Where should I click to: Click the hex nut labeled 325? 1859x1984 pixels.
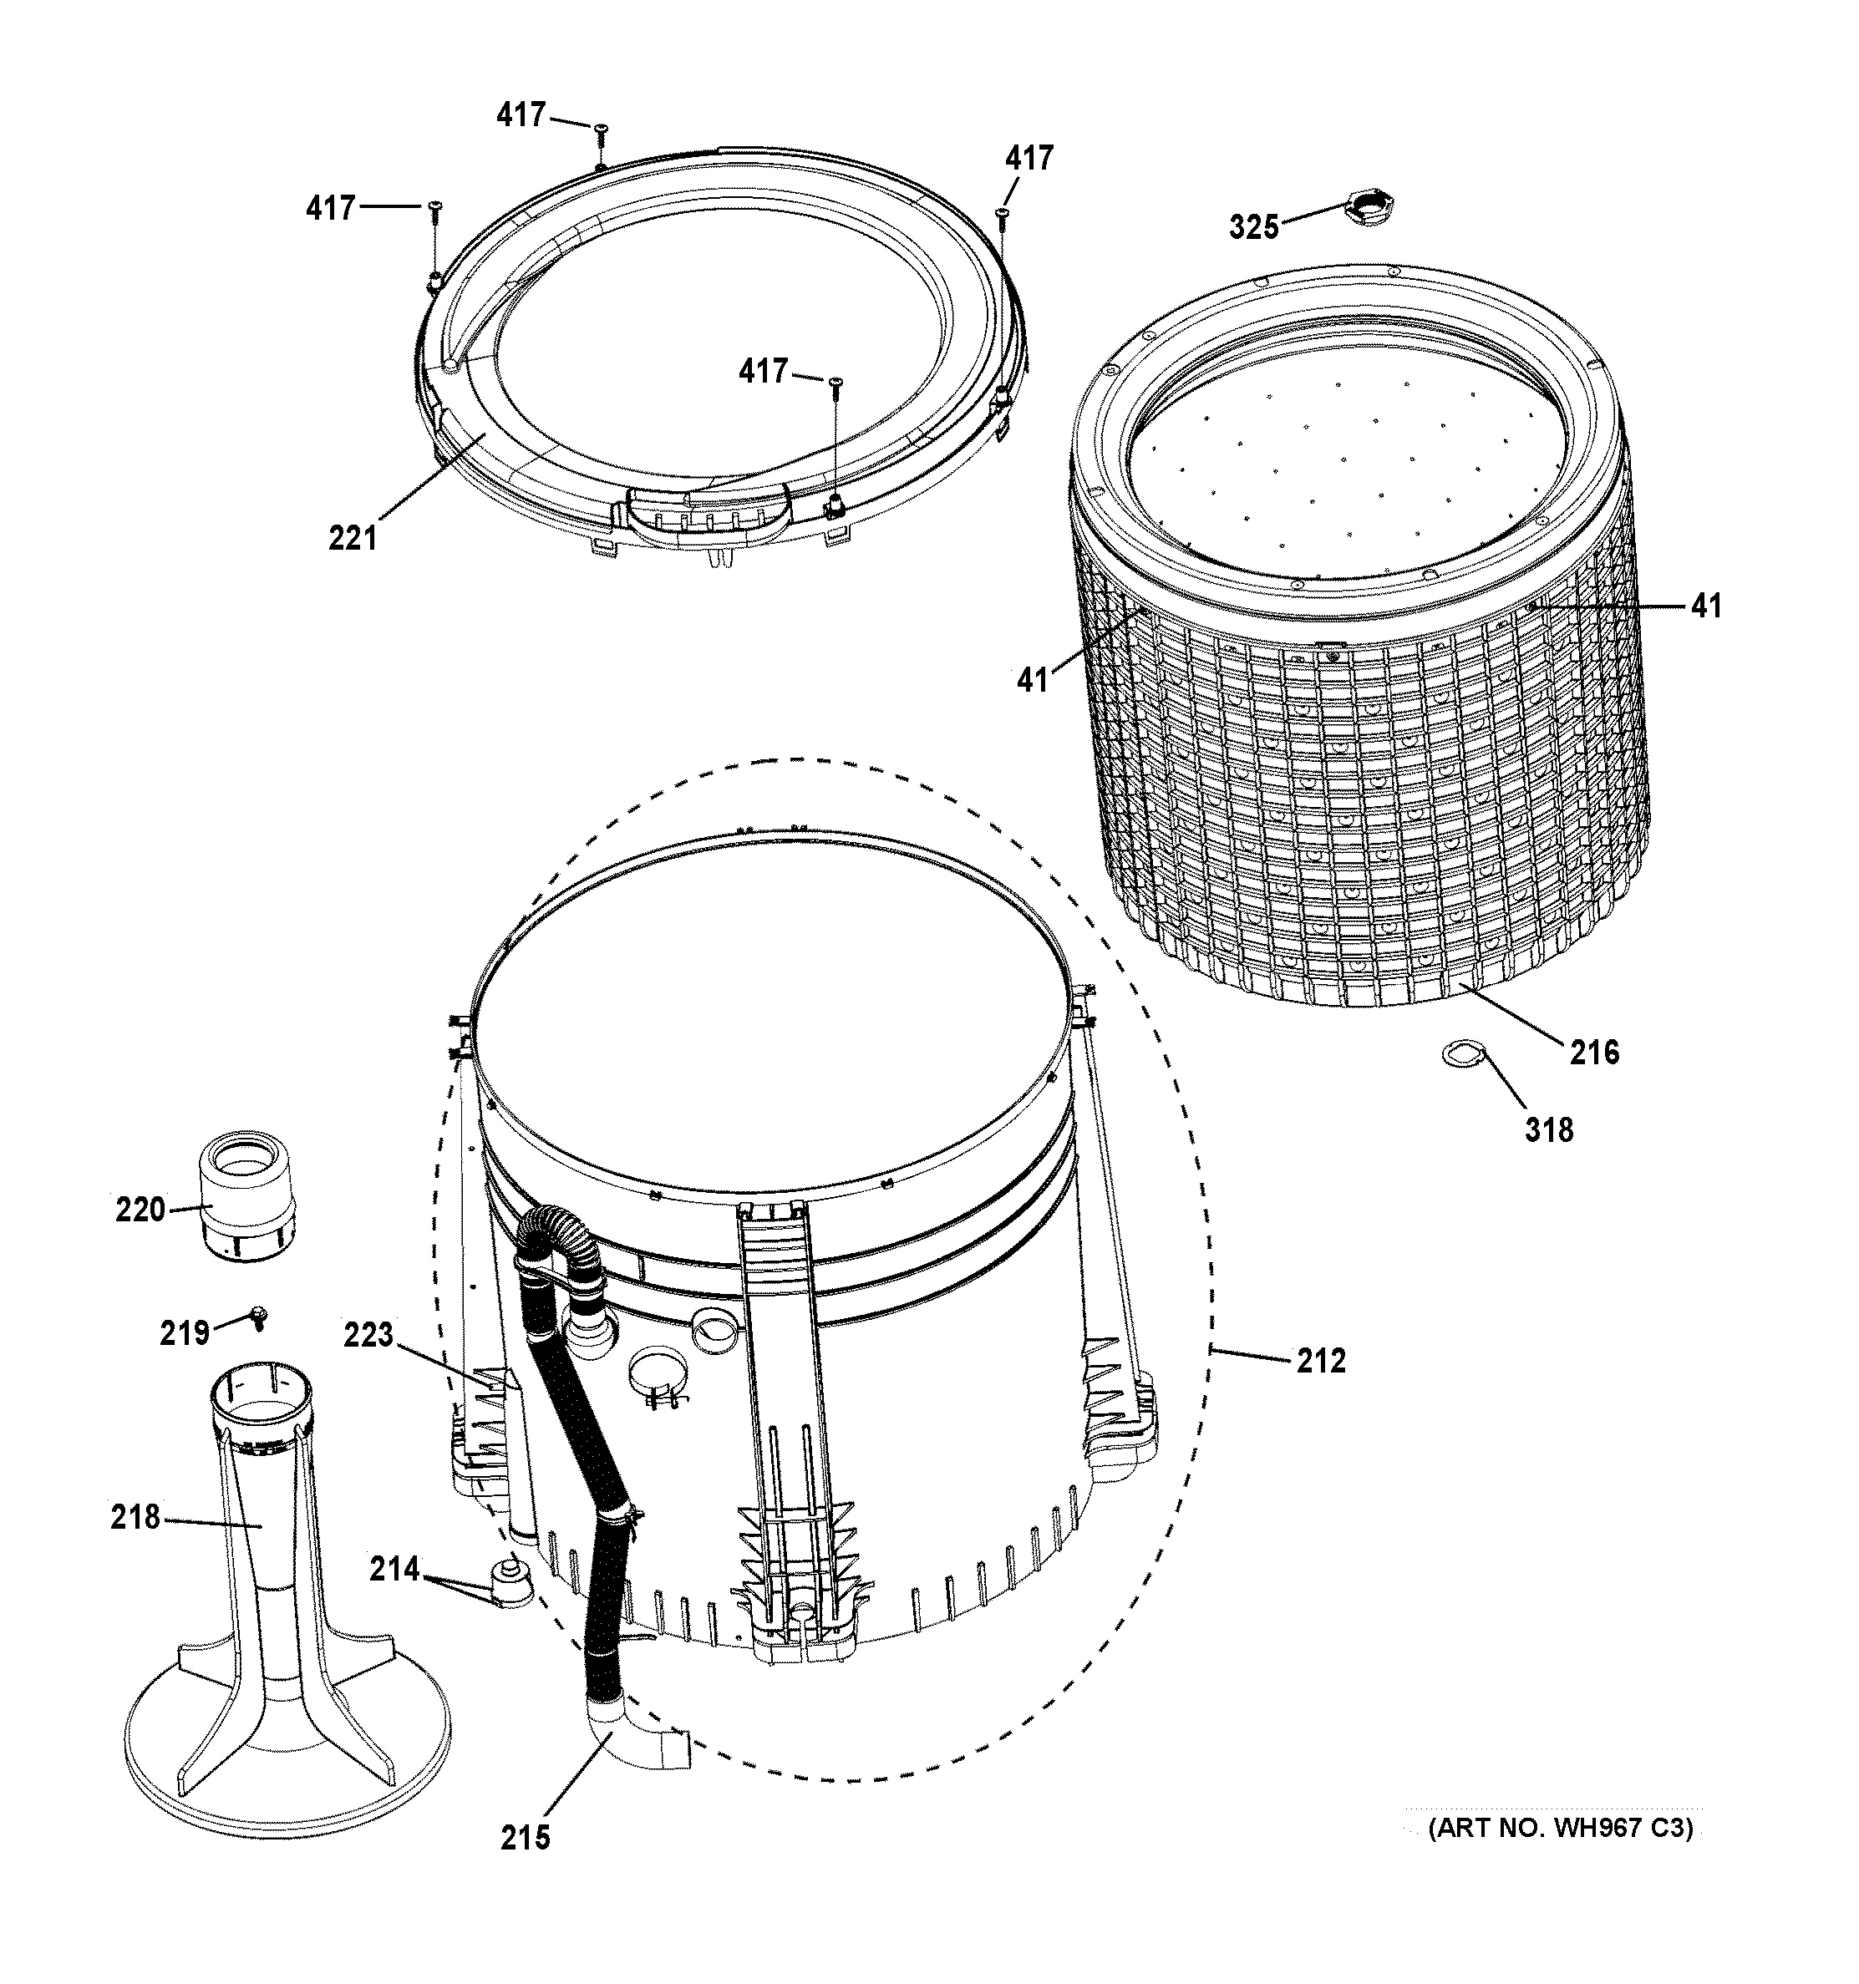[x=1369, y=211]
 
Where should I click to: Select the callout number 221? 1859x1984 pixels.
[x=353, y=539]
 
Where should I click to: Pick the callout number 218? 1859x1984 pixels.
[x=135, y=1517]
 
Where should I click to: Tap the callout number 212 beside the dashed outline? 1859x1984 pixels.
[x=1321, y=1360]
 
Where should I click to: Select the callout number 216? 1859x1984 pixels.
[x=1593, y=1051]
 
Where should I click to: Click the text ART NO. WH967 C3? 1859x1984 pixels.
[x=1561, y=1829]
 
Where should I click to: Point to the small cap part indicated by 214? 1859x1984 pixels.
[x=511, y=1584]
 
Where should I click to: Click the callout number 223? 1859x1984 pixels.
[x=368, y=1334]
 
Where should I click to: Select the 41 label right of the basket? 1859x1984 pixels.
[x=1705, y=605]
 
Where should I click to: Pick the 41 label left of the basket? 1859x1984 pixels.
[x=1033, y=680]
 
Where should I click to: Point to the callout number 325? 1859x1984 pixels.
[x=1253, y=227]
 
